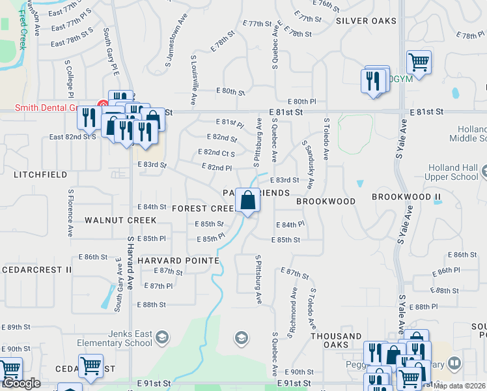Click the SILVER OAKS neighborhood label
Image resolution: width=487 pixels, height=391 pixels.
(x=366, y=21)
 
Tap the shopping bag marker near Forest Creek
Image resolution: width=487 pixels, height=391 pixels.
(x=247, y=201)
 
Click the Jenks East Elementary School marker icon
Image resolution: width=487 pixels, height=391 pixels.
(x=162, y=337)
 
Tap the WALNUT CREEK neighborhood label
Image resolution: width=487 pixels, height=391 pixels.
(x=120, y=220)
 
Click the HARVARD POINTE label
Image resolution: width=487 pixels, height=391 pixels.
(x=178, y=260)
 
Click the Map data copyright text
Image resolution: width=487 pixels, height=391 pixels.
(x=458, y=385)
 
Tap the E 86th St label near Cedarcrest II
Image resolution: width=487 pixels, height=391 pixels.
(x=91, y=257)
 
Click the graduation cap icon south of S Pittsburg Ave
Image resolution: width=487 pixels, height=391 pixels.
(x=241, y=338)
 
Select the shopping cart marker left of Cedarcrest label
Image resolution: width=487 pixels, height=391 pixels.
(x=90, y=366)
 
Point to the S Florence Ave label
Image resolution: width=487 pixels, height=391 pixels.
(x=70, y=213)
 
